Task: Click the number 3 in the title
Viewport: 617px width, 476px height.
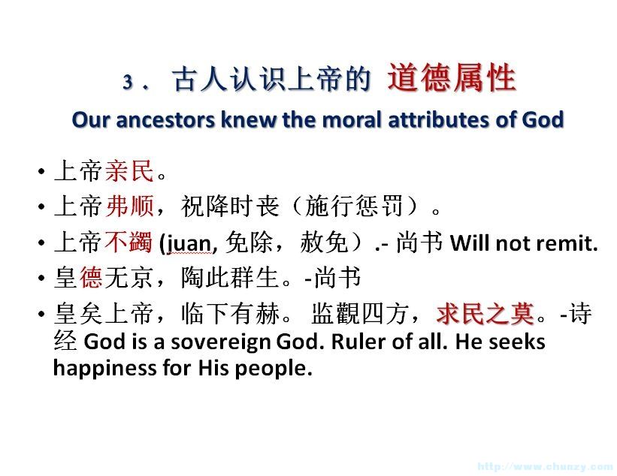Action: click(128, 82)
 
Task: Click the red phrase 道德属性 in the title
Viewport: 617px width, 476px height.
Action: click(452, 78)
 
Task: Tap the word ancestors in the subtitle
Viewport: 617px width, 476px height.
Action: click(165, 119)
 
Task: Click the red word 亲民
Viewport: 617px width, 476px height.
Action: click(129, 171)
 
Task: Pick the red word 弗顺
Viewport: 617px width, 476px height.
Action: click(129, 206)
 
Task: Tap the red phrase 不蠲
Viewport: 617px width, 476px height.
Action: click(129, 241)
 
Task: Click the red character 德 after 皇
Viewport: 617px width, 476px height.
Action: click(91, 277)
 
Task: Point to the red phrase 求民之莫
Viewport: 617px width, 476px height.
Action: click(485, 314)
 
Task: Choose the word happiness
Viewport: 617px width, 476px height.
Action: click(105, 369)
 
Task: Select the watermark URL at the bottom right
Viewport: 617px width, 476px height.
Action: click(546, 466)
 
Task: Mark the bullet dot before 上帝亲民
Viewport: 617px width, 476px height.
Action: click(42, 172)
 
